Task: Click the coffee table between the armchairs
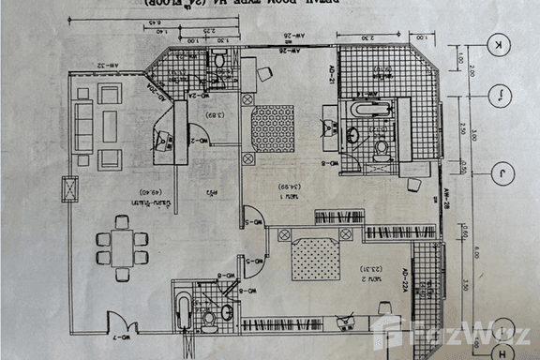(109, 127)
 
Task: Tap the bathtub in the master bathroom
(364, 110)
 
